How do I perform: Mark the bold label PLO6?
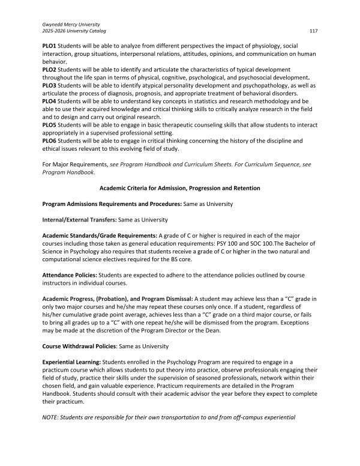click(x=50, y=141)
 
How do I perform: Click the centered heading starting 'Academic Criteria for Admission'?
click(x=180, y=189)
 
